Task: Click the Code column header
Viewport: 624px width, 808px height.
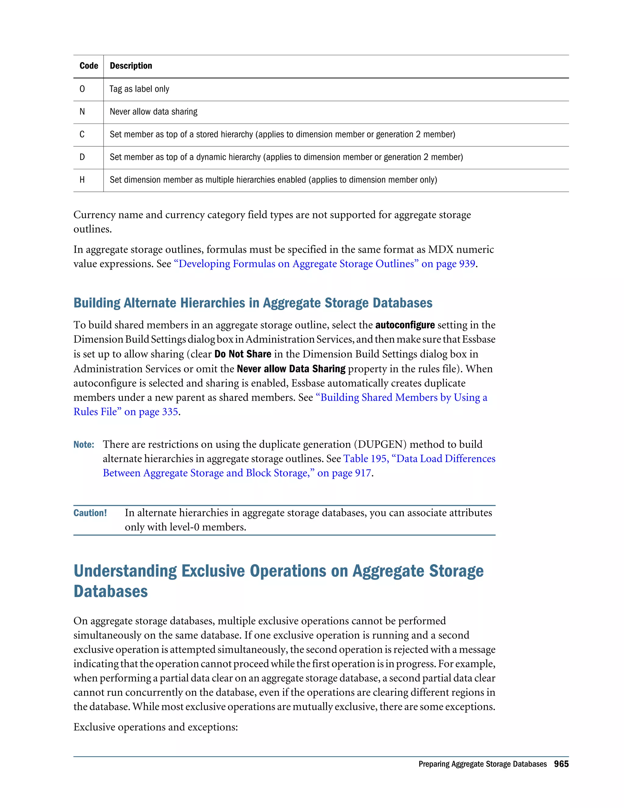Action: (x=89, y=66)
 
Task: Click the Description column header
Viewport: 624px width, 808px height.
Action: (x=131, y=66)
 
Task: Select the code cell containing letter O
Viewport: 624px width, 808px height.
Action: (x=82, y=89)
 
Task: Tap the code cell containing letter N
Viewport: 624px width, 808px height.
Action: (x=82, y=112)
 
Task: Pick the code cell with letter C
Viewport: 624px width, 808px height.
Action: (x=82, y=134)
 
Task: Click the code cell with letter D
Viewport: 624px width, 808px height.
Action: (x=82, y=157)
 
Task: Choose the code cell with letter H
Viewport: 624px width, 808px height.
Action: (x=82, y=180)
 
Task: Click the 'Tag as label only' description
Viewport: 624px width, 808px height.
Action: (x=139, y=89)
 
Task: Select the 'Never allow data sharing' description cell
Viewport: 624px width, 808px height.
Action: (x=154, y=112)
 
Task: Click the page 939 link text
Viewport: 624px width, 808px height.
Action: (x=448, y=264)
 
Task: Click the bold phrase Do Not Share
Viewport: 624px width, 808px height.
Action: (x=243, y=354)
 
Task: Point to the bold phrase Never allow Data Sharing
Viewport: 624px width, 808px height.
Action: (x=291, y=369)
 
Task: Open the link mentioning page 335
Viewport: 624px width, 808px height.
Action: (x=126, y=412)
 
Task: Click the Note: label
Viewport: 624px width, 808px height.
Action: (x=84, y=445)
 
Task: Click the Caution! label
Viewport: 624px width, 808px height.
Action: (x=90, y=513)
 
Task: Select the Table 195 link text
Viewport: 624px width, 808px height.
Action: (x=365, y=459)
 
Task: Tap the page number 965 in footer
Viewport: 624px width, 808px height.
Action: (x=561, y=764)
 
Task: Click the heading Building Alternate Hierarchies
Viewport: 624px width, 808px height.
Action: (x=253, y=303)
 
